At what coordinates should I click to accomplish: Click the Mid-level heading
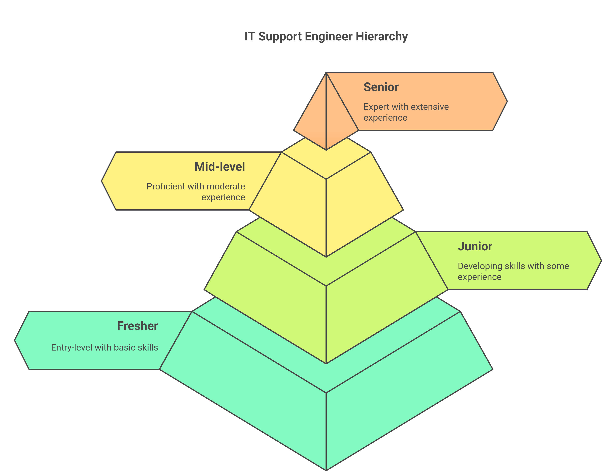click(220, 167)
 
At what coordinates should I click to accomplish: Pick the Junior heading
click(475, 246)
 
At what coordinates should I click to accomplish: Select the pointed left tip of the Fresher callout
click(15, 340)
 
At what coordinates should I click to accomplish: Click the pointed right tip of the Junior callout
click(601, 261)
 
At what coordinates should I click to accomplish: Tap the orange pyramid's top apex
click(326, 73)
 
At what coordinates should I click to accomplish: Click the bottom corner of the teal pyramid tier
click(326, 470)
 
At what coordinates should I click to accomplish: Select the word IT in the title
click(249, 37)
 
